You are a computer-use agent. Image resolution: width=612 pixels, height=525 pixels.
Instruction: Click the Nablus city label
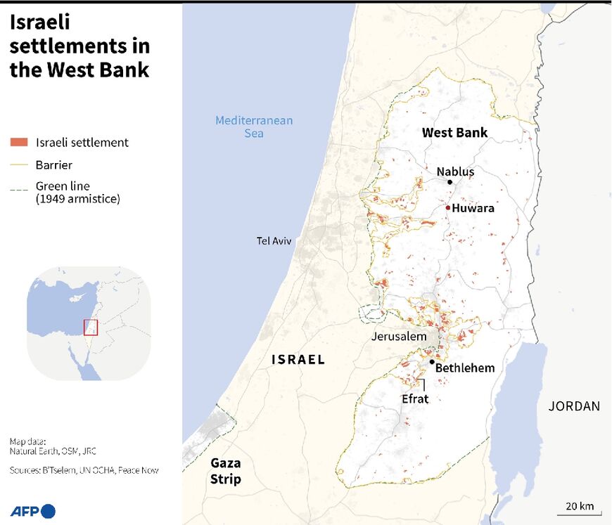[455, 171]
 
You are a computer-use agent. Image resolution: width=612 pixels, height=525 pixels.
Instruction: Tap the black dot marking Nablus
[450, 182]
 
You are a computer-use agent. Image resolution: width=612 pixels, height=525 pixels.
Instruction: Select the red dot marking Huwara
[447, 207]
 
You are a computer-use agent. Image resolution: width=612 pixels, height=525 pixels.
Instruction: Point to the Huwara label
[473, 208]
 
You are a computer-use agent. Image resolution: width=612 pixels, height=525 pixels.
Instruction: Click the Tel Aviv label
[274, 241]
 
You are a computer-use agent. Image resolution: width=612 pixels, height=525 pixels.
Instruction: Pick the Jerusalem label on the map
[400, 337]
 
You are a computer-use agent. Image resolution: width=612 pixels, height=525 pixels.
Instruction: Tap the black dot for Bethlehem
[432, 362]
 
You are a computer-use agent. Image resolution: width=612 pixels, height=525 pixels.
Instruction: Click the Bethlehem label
[465, 368]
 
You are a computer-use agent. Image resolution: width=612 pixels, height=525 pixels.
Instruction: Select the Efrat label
[415, 398]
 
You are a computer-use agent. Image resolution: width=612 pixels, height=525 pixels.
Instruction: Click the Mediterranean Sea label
[254, 127]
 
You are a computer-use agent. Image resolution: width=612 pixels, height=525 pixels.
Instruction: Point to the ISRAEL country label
[298, 360]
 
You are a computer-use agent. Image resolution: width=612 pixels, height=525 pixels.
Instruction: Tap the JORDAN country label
[575, 406]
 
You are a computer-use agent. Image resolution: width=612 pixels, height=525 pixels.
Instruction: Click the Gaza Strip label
[226, 471]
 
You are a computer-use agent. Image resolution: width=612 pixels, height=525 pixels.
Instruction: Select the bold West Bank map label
[454, 133]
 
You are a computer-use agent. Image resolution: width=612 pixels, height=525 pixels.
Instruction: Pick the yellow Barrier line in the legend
[19, 165]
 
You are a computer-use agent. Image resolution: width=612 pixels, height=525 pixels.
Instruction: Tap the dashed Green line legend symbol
[19, 188]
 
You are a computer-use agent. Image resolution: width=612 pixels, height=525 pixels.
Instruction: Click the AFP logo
[32, 511]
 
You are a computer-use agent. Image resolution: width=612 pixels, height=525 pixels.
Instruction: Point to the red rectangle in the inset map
[89, 327]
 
